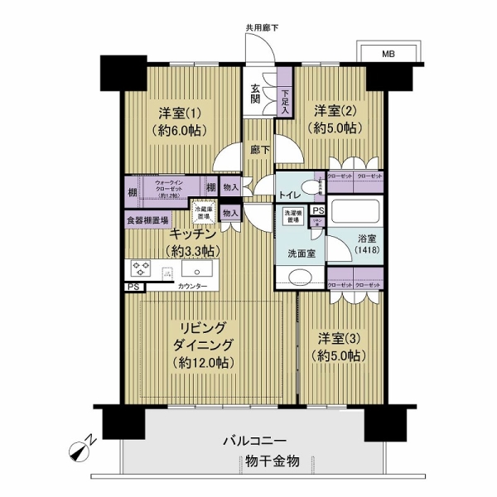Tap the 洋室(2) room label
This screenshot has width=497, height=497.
click(x=335, y=118)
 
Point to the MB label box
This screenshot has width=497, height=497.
click(x=388, y=55)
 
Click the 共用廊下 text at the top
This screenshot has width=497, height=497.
click(x=262, y=28)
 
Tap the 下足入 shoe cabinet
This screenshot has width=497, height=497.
click(x=285, y=100)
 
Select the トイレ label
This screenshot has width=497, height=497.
click(x=290, y=195)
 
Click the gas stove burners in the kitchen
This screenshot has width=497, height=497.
click(x=141, y=269)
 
